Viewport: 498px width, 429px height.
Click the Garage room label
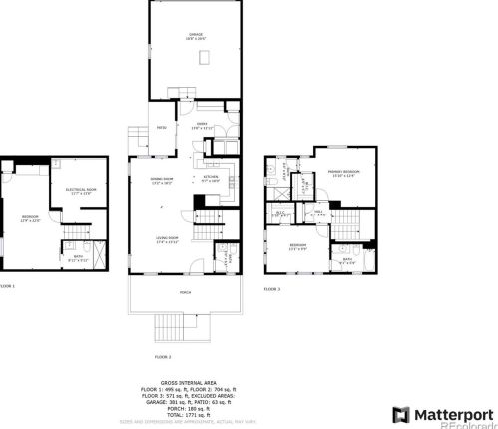click(x=197, y=36)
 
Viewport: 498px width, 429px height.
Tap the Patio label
click(x=161, y=127)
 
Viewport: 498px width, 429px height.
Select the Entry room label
click(x=199, y=124)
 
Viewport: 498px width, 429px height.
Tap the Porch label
click(x=184, y=292)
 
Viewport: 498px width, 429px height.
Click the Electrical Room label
click(x=81, y=191)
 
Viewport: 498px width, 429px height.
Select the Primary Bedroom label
click(x=343, y=172)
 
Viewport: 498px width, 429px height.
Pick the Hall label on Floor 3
click(x=318, y=212)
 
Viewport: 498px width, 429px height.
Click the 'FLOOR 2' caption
click(x=163, y=356)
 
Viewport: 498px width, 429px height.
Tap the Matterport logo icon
click(x=400, y=414)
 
